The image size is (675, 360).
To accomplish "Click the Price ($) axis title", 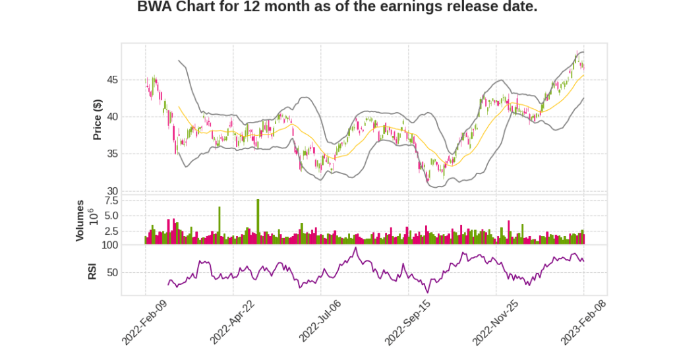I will tap(98, 119).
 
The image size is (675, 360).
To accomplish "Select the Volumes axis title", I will tap(80, 220).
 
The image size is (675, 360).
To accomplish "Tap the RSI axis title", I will tap(92, 271).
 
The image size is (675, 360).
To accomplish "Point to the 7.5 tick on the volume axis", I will tap(111, 200).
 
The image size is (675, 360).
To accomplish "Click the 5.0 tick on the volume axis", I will tap(111, 216).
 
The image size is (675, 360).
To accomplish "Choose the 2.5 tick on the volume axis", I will tap(111, 231).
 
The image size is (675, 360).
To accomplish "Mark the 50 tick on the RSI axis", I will tap(112, 272).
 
